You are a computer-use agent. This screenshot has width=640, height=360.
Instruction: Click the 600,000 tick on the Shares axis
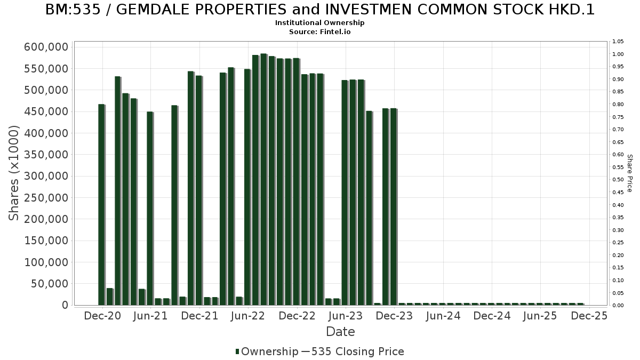(46, 47)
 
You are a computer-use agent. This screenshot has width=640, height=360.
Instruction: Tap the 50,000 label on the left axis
(49, 284)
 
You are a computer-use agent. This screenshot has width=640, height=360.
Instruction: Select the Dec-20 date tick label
(102, 316)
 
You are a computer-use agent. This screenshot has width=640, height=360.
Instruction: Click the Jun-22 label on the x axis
(247, 316)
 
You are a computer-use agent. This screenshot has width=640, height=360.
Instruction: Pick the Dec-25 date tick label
(589, 316)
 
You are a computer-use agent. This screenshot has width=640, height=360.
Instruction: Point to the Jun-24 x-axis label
(443, 316)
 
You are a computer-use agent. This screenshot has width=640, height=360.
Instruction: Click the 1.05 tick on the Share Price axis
(618, 42)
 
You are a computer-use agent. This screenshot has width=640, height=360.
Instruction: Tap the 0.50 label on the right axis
(618, 180)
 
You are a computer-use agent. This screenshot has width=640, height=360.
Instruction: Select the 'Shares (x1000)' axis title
(14, 173)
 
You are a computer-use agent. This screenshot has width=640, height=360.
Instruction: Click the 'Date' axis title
(340, 332)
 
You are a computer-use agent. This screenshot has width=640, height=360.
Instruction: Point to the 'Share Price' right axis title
(629, 173)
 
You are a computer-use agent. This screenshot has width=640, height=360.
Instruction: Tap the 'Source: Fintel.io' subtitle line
(320, 31)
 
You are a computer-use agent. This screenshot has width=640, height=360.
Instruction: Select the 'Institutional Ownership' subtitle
(320, 23)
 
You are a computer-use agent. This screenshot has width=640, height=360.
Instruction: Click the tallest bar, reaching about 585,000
(263, 179)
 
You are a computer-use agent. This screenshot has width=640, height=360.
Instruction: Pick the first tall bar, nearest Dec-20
(101, 204)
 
